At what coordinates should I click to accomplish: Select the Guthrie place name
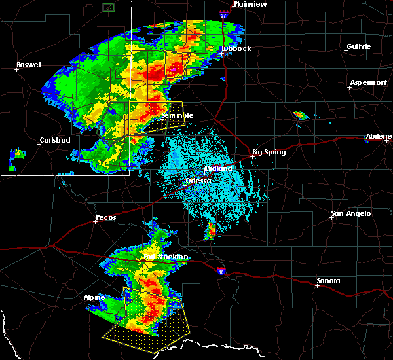point(358,46)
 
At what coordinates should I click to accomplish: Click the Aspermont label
point(368,82)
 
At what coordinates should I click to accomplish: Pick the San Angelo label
point(350,213)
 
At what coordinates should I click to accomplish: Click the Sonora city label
point(328,281)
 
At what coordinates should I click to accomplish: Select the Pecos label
point(105,217)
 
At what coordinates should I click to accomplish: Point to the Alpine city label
point(94,297)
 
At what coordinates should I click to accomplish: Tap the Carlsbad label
point(54,139)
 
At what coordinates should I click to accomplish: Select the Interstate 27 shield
point(223,12)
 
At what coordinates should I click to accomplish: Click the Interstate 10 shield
point(221,268)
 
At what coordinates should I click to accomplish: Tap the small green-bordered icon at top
point(109,7)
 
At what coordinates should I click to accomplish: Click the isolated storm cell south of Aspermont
point(301,115)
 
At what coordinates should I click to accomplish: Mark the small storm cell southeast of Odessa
point(211,230)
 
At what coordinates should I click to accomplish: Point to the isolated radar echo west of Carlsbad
point(18,154)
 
